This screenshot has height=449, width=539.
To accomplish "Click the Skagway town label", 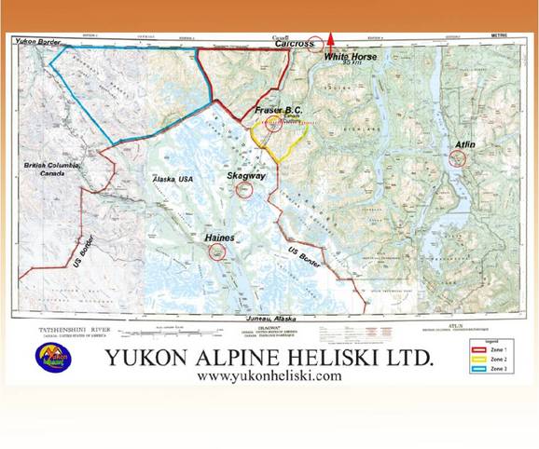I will coord(244,175).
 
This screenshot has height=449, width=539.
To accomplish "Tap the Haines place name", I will coord(220,238).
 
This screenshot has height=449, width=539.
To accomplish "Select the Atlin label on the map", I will coord(464,144).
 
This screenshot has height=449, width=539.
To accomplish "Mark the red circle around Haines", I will coord(218,252).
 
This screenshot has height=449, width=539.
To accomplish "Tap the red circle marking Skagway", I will coord(245,190).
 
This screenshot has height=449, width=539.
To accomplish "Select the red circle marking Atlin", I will coord(457,159).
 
